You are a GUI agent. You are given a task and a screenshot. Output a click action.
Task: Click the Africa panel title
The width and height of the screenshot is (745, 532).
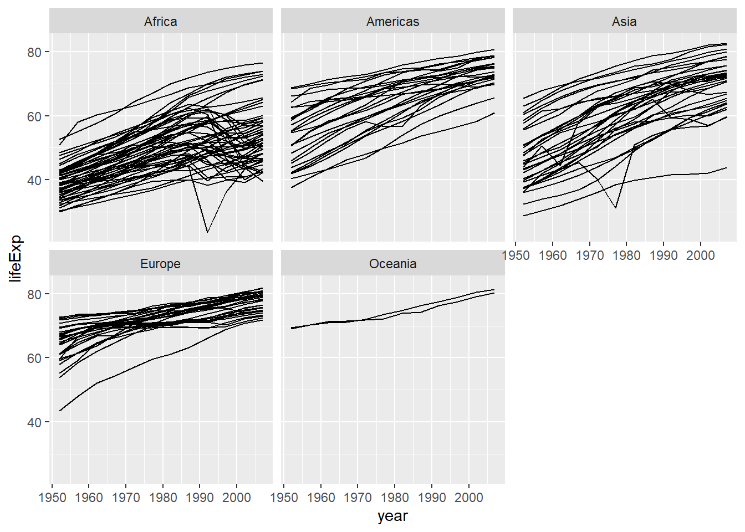[x=161, y=22]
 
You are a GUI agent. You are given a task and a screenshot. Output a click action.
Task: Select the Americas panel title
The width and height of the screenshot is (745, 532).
[x=392, y=22]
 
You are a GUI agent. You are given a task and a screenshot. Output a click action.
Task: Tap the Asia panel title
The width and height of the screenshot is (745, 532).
[x=624, y=22]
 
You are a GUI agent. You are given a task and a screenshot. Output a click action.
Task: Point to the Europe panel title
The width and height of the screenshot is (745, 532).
[x=161, y=264]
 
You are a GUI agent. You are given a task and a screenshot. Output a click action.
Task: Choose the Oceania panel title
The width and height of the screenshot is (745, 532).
[x=392, y=264]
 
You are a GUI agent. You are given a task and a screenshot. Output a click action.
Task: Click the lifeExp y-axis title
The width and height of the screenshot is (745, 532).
[x=16, y=258]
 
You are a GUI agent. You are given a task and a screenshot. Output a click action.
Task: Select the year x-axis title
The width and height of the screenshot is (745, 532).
[x=392, y=516]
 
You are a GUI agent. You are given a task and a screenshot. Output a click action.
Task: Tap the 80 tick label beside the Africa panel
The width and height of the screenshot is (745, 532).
[x=34, y=52]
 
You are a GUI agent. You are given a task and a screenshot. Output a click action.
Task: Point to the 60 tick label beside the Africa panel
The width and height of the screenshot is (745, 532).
[x=34, y=116]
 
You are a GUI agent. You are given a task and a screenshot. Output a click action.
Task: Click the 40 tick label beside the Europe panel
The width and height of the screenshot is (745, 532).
[x=34, y=422]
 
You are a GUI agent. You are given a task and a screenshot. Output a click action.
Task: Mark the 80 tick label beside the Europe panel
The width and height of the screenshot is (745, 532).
[x=34, y=294]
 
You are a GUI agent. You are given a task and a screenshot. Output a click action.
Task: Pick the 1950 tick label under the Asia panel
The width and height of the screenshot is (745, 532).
[x=516, y=255]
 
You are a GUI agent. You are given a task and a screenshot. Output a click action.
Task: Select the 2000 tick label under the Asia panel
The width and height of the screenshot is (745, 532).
[x=701, y=255]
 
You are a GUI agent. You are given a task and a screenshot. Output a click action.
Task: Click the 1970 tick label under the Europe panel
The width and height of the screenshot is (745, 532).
[x=126, y=498]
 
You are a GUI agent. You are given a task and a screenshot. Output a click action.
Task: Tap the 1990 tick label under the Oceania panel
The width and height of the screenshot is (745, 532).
[x=432, y=498]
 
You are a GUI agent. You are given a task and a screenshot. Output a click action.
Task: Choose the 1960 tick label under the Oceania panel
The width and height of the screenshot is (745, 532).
[x=321, y=498]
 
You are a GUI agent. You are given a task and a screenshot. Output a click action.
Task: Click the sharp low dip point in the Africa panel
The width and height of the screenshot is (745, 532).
[x=207, y=232]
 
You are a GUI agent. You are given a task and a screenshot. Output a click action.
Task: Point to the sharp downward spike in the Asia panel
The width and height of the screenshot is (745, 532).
[x=616, y=208]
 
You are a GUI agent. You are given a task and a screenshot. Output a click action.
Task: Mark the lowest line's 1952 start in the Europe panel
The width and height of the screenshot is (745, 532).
[x=60, y=411]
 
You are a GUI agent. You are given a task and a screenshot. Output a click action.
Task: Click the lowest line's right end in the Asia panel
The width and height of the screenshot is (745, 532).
[x=726, y=167]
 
